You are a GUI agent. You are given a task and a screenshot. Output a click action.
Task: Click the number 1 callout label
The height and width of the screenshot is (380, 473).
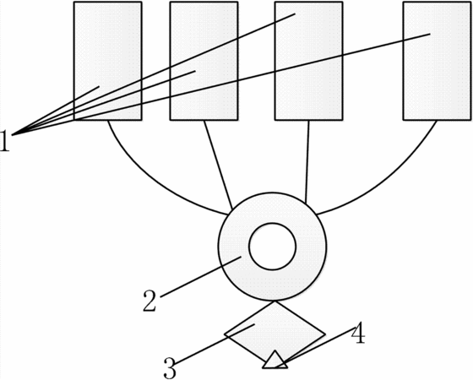[x=5, y=140]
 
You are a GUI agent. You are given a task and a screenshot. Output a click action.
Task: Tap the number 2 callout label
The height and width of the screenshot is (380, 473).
[x=150, y=301]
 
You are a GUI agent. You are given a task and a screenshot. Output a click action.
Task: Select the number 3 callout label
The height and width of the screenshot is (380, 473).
[x=170, y=368]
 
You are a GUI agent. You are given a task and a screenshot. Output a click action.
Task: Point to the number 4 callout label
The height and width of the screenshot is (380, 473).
[x=358, y=334]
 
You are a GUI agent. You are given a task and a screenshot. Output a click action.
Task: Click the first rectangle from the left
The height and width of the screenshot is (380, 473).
[x=108, y=61]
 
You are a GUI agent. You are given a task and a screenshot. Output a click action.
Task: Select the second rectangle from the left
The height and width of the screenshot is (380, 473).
[x=204, y=61]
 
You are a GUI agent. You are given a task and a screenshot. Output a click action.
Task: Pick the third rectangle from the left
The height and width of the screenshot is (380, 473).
[x=308, y=61]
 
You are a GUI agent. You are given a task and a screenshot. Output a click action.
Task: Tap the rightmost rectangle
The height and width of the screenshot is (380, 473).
[x=437, y=61]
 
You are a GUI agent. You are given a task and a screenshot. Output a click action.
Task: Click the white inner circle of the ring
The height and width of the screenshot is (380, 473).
[x=272, y=247]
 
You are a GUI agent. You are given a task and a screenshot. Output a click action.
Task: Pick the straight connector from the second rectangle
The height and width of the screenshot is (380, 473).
[x=218, y=165]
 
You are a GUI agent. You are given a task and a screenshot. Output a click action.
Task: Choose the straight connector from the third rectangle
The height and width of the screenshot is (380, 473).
[x=307, y=162]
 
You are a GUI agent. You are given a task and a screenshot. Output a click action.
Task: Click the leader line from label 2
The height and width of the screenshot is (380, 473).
[x=201, y=277]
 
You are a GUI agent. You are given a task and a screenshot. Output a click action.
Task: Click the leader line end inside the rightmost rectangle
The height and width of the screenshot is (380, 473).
[x=430, y=34]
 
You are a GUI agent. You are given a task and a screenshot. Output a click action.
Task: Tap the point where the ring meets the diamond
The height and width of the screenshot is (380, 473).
[x=274, y=301]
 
